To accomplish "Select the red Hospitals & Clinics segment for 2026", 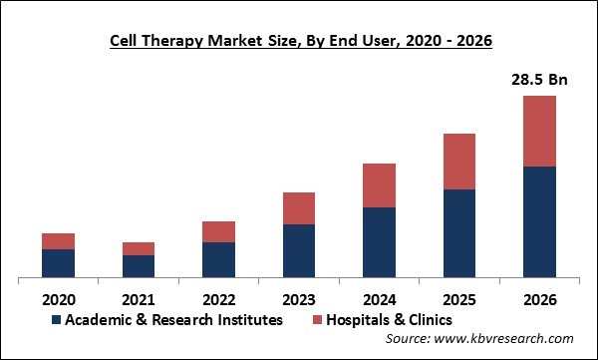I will pos(540,131).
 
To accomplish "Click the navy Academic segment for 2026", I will pos(540,221).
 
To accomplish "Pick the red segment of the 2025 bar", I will pos(459,162).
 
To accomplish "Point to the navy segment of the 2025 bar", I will pos(459,233).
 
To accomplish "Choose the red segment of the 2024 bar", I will pos(379,185).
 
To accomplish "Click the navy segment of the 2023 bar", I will pos(299,251).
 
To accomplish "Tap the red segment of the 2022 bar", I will pos(218,231).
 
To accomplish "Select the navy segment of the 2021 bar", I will pos(139,266).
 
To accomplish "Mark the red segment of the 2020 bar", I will pos(58,241).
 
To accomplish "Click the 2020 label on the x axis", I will pos(58,298).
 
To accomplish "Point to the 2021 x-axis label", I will pos(139,298).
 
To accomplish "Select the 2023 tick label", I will pos(299,298).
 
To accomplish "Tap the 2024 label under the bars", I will pos(379,298).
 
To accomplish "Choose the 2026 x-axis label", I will pos(540,298).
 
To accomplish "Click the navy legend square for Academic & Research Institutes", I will pos(57,320).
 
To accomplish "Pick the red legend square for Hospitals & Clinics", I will pos(316,320).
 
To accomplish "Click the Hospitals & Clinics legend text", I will pos(389,320).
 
